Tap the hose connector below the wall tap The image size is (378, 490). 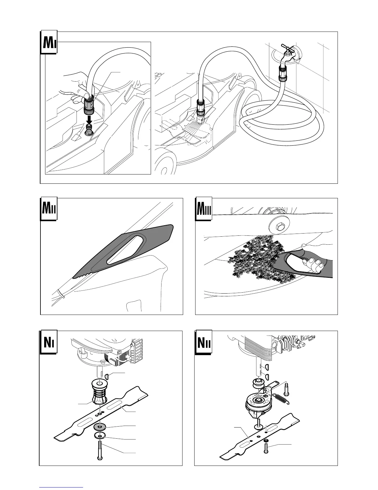(x=282, y=73)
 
